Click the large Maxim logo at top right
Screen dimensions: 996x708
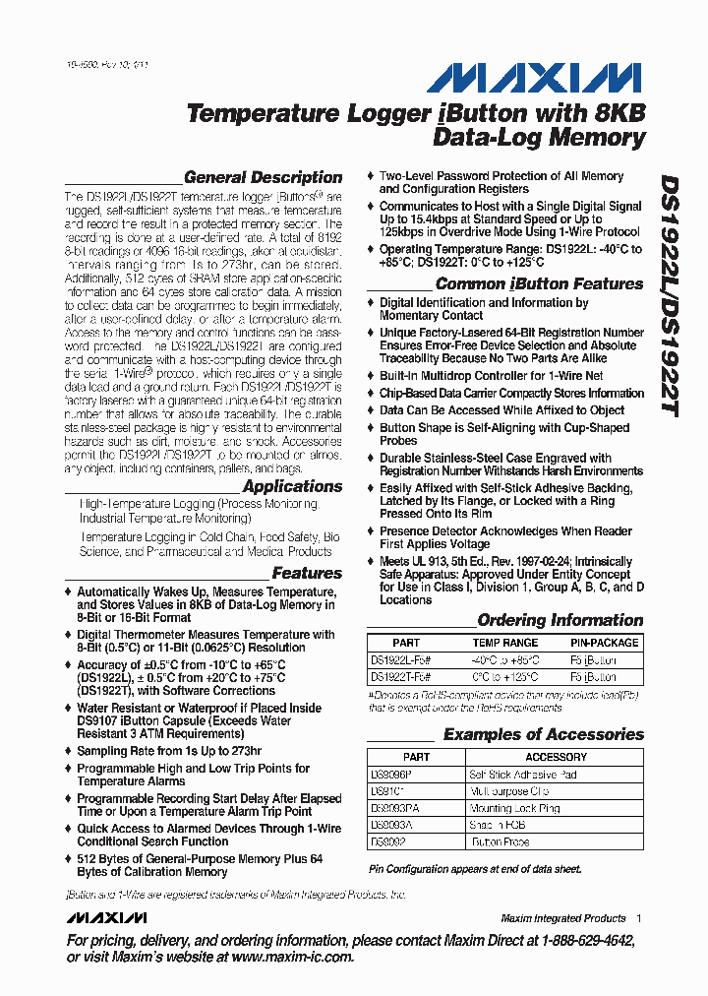tap(555, 78)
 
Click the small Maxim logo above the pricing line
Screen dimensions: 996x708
tap(106, 918)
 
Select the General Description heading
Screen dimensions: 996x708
tap(263, 178)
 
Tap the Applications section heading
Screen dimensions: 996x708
tap(292, 486)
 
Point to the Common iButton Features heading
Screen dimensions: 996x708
tap(539, 283)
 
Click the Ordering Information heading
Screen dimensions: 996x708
tap(560, 621)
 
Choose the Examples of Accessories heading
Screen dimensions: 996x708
tap(543, 735)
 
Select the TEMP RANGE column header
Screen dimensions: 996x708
tap(505, 643)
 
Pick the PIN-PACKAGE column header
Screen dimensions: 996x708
tap(604, 643)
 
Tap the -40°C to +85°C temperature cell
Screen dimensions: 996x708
tap(505, 660)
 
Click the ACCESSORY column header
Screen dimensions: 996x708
tap(556, 757)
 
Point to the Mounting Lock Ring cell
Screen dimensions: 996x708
tap(514, 808)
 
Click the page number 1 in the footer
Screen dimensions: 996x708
tap(638, 918)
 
